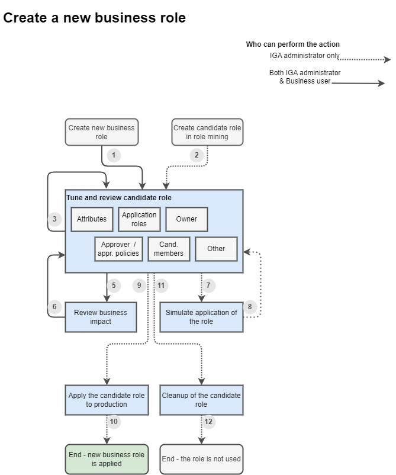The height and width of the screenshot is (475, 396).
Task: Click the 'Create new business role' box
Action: pyautogui.click(x=101, y=132)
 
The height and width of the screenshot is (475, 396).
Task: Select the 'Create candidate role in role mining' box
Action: pyautogui.click(x=207, y=132)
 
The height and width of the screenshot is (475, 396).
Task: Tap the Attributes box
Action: pyautogui.click(x=92, y=219)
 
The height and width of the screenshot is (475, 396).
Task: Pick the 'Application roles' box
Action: pyautogui.click(x=139, y=219)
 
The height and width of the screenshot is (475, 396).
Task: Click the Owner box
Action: pyautogui.click(x=186, y=219)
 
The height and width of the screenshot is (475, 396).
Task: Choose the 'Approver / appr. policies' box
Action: pyautogui.click(x=118, y=249)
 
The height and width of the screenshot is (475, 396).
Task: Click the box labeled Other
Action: pyautogui.click(x=216, y=249)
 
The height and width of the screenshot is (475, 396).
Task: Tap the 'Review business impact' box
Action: pyautogui.click(x=101, y=317)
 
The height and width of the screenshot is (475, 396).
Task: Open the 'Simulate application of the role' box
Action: pyautogui.click(x=201, y=317)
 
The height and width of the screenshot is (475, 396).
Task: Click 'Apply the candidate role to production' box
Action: pyautogui.click(x=106, y=400)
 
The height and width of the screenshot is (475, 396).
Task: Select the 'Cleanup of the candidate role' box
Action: pyautogui.click(x=201, y=400)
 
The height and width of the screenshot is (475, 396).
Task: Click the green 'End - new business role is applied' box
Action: pyautogui.click(x=106, y=459)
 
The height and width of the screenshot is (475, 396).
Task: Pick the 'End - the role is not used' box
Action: pyautogui.click(x=201, y=459)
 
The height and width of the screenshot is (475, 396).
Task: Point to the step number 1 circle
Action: pyautogui.click(x=114, y=155)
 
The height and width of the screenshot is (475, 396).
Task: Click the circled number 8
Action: pyautogui.click(x=250, y=307)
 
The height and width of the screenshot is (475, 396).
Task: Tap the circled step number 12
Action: pyautogui.click(x=208, y=422)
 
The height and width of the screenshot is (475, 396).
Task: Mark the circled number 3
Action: pyautogui.click(x=54, y=219)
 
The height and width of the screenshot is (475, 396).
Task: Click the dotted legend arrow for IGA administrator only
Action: pyautogui.click(x=364, y=60)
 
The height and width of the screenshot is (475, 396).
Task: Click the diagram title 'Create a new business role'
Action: pyautogui.click(x=95, y=18)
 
